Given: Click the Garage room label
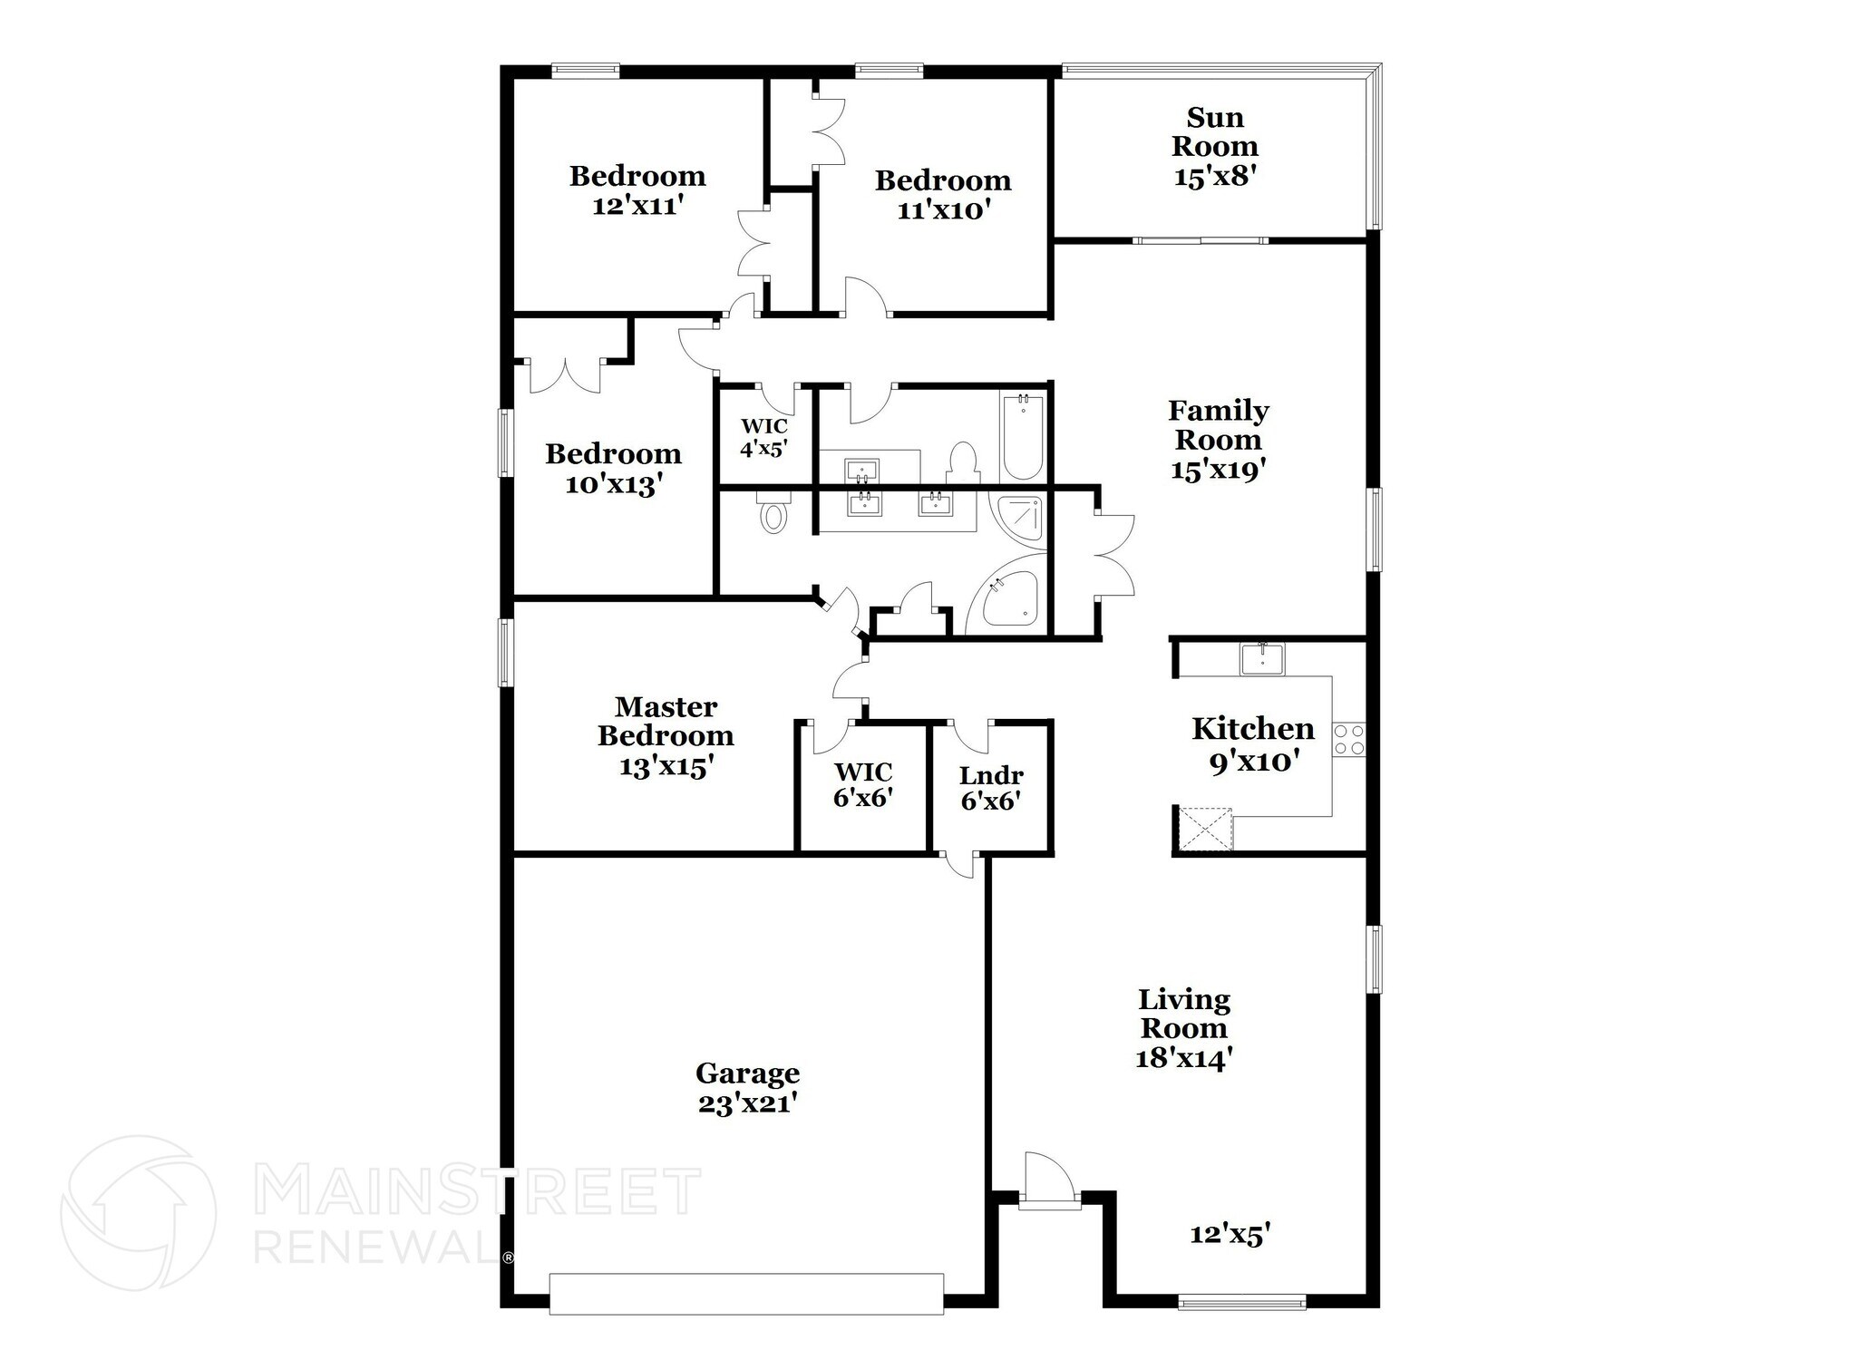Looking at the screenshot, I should [x=747, y=1073].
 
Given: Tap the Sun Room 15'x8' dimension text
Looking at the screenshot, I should [x=1214, y=176].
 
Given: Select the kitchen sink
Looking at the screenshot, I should [x=1262, y=659].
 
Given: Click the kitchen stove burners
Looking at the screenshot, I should [x=1348, y=739].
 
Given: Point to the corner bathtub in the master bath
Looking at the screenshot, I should [x=1006, y=602].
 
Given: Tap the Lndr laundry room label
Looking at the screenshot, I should [x=991, y=776].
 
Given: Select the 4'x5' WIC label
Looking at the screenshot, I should [x=763, y=448].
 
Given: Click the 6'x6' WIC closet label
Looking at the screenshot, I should [x=863, y=798].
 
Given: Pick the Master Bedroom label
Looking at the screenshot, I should [x=666, y=721].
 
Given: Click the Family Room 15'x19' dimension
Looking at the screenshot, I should [x=1218, y=470].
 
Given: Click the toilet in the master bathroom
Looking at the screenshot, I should [x=773, y=515].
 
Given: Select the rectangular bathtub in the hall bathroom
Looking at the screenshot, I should [x=1022, y=437].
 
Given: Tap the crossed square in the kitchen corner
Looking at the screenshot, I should [x=1205, y=829].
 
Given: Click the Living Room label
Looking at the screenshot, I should [x=1184, y=1014].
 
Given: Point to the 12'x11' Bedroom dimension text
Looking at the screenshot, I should [x=637, y=206].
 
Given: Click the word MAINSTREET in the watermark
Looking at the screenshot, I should [x=477, y=1191].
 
